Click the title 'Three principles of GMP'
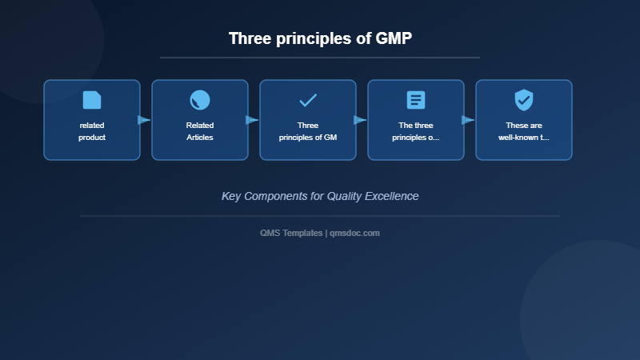point(320,38)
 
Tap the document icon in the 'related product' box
point(92,100)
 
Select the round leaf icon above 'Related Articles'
point(200,100)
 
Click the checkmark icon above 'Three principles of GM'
point(308,100)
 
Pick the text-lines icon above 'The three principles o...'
point(416,100)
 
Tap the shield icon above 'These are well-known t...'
point(524,100)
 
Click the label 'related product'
point(92,131)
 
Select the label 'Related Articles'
point(200,131)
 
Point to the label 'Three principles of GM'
point(308,131)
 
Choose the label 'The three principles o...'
point(416,131)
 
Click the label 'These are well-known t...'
point(524,131)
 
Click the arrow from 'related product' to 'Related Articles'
point(144,120)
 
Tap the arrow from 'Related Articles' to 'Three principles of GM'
point(252,120)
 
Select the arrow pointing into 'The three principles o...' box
point(360,120)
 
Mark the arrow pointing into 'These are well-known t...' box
point(468,120)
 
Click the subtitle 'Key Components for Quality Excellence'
point(320,196)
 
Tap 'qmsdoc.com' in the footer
point(354,233)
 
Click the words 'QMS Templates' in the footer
point(291,233)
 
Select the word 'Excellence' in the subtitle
point(390,196)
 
